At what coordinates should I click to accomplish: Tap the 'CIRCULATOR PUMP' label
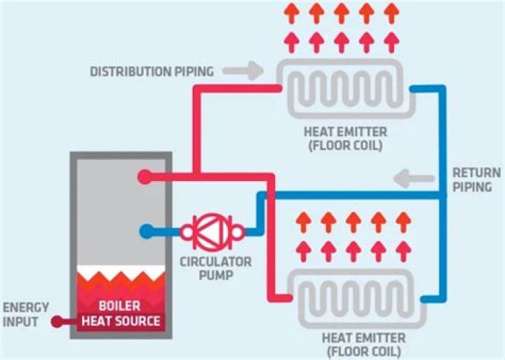coord(207,269)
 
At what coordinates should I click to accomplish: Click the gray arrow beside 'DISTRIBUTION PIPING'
coord(249,70)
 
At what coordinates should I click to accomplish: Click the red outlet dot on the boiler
coord(144,176)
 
